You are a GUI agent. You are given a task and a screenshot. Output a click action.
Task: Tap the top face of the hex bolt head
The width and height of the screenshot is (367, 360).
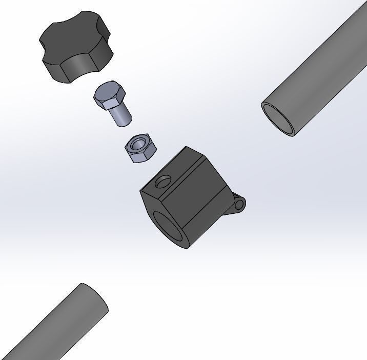click(108, 93)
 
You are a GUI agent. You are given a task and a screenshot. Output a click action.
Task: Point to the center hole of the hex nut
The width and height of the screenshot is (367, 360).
click(137, 145)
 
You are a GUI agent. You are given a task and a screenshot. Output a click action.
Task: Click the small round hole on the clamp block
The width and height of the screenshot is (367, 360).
click(164, 182)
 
